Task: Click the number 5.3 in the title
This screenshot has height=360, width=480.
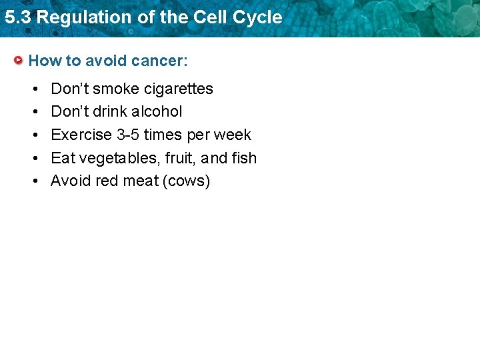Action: click(x=17, y=17)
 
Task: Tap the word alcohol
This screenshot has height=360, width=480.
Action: click(x=155, y=111)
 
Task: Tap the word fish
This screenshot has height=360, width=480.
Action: click(x=245, y=158)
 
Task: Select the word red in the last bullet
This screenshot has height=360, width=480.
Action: click(x=107, y=181)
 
